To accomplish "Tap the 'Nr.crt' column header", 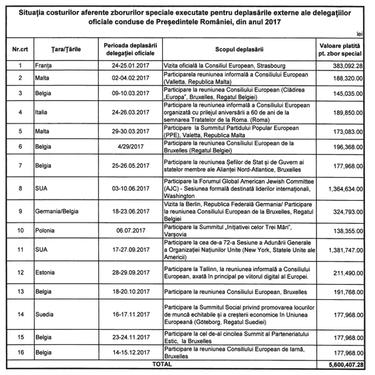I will pos(20,49).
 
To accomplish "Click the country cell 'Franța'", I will pos(44,66).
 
